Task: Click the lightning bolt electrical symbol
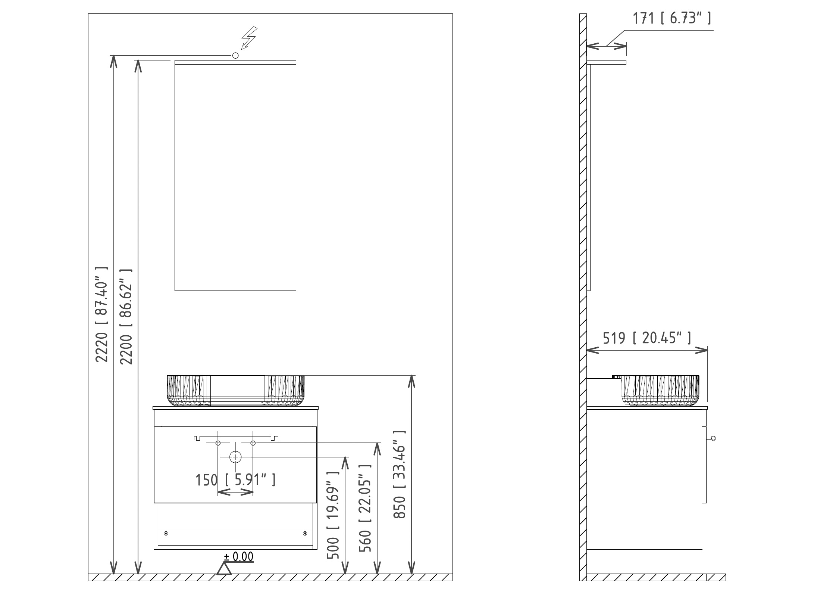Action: pos(249,38)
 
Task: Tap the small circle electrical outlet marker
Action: pos(235,56)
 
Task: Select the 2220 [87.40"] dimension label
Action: pos(101,314)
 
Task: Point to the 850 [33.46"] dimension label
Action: pos(400,474)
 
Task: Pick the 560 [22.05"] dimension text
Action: pos(365,509)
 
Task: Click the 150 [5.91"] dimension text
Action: pos(236,480)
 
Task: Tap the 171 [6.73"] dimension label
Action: pos(672,18)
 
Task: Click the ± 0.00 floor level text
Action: pos(238,567)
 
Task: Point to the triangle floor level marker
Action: pos(224,579)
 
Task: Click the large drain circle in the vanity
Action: pos(235,457)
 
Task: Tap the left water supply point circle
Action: pos(218,443)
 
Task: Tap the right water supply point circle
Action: pos(253,443)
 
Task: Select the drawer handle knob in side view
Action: pos(713,438)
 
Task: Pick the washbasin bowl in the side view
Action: pos(660,391)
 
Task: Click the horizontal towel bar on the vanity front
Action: pos(236,438)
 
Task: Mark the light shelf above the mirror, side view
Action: pos(607,62)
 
